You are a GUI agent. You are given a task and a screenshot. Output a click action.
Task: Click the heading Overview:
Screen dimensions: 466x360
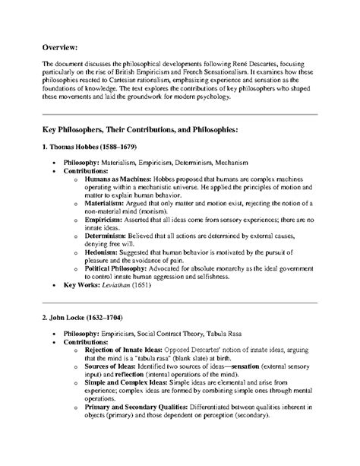[x=62, y=47]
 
